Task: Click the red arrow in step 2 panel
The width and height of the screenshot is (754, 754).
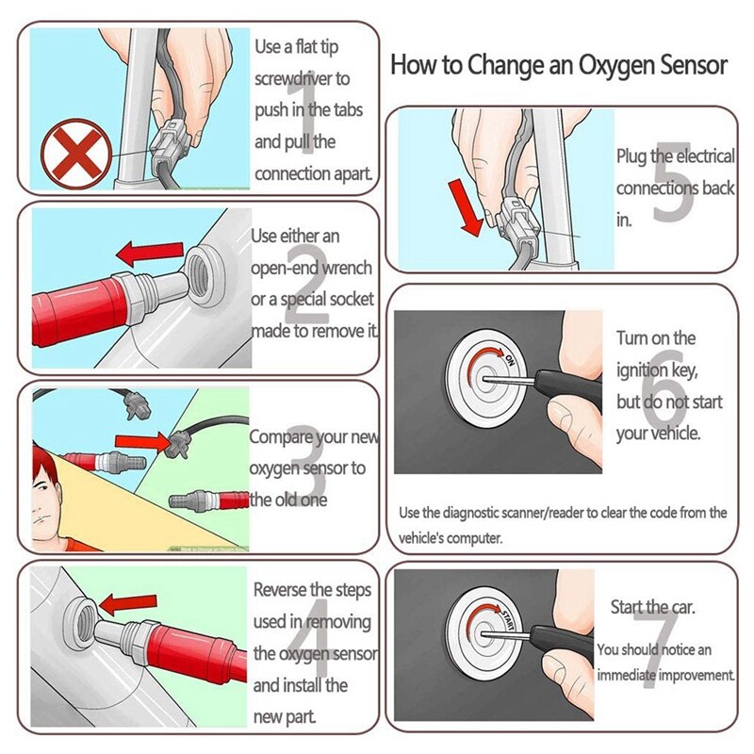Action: click(x=149, y=253)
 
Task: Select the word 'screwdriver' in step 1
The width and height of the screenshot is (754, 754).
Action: click(x=301, y=78)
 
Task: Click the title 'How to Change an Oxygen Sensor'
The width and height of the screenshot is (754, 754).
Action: click(x=559, y=65)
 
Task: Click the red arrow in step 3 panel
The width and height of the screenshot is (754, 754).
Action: click(x=138, y=440)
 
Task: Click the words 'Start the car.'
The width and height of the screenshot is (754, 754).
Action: click(x=653, y=608)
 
